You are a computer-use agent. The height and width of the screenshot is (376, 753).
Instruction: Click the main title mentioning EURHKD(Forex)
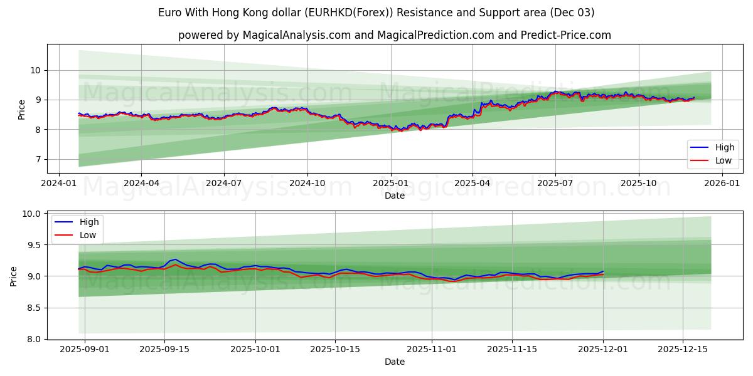(376, 13)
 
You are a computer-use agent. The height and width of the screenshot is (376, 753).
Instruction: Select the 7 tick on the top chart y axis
(38, 159)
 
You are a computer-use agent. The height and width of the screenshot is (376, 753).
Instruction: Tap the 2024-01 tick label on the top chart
(59, 184)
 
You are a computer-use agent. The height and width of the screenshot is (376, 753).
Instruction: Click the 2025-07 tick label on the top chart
(555, 184)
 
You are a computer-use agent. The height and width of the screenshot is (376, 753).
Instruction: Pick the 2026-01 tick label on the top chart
(722, 184)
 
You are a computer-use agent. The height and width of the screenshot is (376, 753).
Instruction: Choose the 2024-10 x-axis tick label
(307, 184)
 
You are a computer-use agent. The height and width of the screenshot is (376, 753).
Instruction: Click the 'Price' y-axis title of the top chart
(22, 109)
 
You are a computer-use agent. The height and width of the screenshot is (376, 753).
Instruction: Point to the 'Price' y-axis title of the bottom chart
(14, 276)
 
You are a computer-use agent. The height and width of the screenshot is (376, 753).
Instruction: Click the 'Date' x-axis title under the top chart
(394, 196)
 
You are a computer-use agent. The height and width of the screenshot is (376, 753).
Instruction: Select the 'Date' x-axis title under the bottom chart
(394, 362)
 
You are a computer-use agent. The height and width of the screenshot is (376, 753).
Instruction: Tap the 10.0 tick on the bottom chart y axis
(32, 214)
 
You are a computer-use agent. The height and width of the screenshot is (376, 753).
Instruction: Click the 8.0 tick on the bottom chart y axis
(33, 339)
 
